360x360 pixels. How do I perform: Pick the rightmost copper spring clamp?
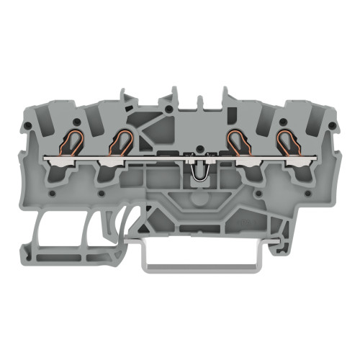click(287, 142)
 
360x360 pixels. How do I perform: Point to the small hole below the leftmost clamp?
click(51, 193)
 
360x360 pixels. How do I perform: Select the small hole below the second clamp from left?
click(101, 193)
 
